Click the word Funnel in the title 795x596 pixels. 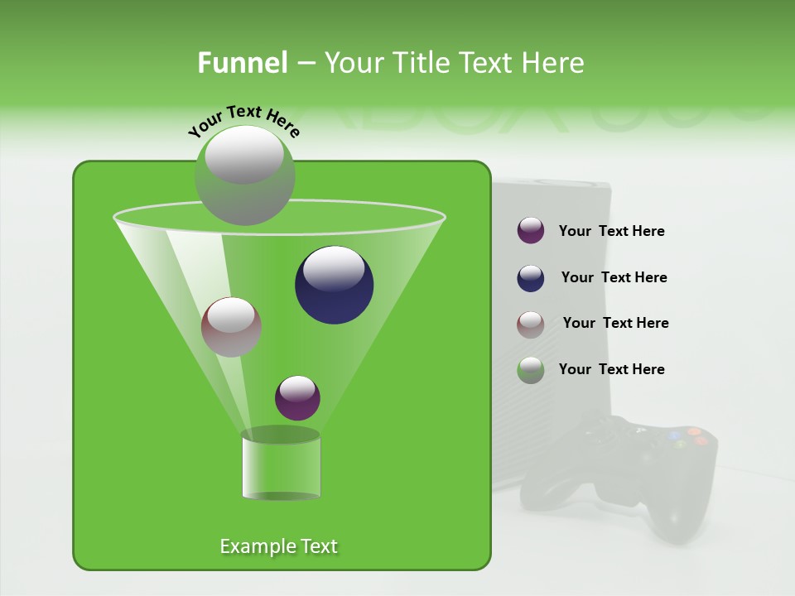coord(242,63)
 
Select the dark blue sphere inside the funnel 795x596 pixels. coord(334,284)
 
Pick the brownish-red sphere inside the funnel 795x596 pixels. coord(231,327)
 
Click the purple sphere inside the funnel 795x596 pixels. coord(297,397)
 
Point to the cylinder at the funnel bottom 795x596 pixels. coord(281,465)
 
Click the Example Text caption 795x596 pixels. coord(278,546)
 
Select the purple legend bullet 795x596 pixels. coord(531,231)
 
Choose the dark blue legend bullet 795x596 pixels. coord(531,278)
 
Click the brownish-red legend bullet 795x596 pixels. coord(531,324)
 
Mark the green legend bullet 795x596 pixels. coord(531,370)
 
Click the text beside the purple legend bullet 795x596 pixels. coord(611,231)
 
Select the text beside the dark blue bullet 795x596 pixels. coord(614,277)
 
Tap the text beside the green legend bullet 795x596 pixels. coord(611,369)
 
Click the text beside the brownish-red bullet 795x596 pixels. coord(615,323)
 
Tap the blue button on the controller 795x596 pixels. coord(674,435)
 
